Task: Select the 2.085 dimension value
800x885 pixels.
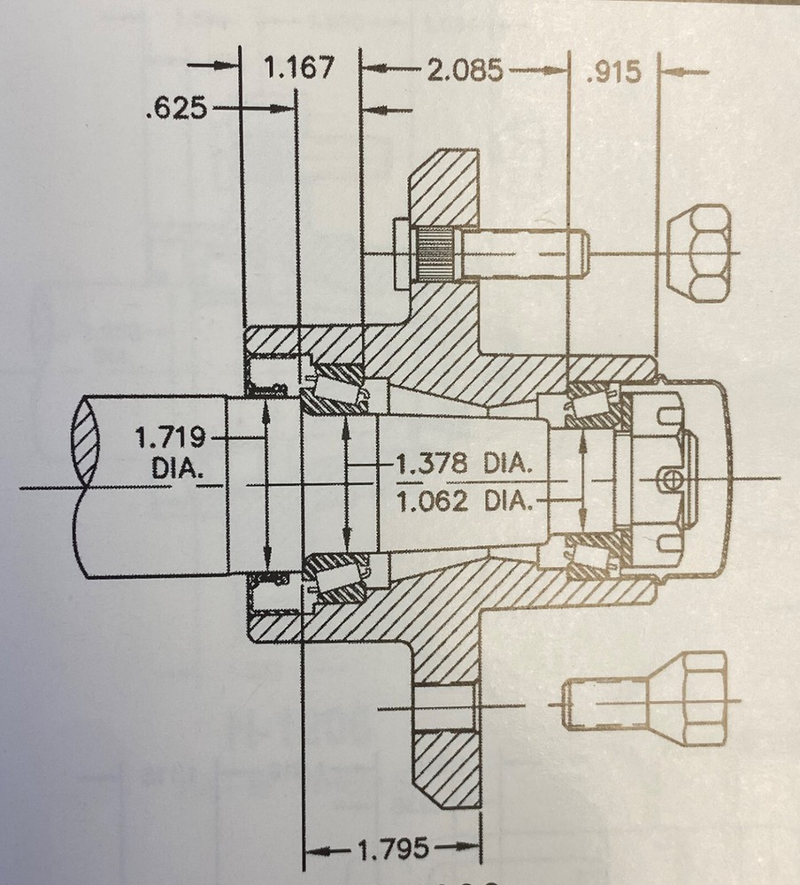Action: (x=466, y=71)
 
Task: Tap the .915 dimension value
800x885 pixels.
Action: (x=613, y=71)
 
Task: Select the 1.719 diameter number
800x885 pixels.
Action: (x=170, y=437)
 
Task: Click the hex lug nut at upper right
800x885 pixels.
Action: (x=698, y=253)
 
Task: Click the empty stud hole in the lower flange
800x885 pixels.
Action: (x=444, y=707)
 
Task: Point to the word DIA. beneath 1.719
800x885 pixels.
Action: (x=177, y=468)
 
